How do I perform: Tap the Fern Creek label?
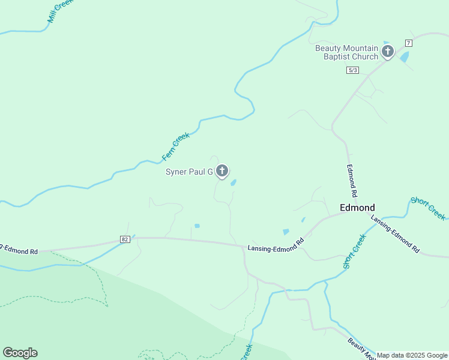tap(176, 147)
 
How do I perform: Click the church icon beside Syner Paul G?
tap(222, 171)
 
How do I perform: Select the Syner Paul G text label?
tap(189, 172)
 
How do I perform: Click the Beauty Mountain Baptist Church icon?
tap(388, 52)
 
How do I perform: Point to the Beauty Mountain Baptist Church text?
tap(347, 52)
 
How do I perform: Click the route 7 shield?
tap(408, 43)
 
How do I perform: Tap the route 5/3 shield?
tap(353, 70)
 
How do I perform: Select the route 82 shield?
tap(125, 239)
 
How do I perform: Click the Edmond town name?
tap(357, 207)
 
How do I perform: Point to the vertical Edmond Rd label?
tap(353, 182)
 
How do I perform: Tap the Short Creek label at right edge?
tap(429, 208)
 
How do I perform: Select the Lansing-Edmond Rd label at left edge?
tap(18, 249)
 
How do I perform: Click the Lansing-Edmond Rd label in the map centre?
tap(276, 245)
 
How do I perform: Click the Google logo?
tap(20, 353)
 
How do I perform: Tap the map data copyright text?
tap(412, 355)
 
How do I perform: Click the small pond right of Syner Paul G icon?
tap(233, 182)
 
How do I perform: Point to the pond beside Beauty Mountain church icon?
tap(404, 57)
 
